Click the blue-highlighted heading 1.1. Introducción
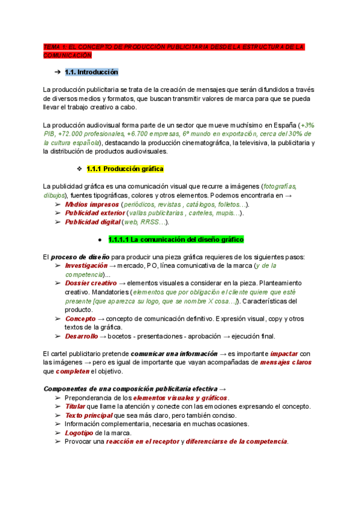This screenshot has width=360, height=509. click(x=91, y=72)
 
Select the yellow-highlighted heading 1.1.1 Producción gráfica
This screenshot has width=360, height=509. click(x=125, y=169)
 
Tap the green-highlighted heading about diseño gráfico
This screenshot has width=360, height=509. click(x=176, y=239)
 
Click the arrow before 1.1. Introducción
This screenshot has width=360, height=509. click(x=57, y=72)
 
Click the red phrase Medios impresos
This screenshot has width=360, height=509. click(x=91, y=204)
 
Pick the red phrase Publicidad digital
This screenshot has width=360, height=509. click(x=92, y=222)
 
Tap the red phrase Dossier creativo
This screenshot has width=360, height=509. click(x=91, y=283)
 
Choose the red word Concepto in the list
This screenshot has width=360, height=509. click(x=80, y=319)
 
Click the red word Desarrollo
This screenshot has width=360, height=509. click(x=82, y=336)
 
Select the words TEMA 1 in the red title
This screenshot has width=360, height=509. click(x=55, y=46)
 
